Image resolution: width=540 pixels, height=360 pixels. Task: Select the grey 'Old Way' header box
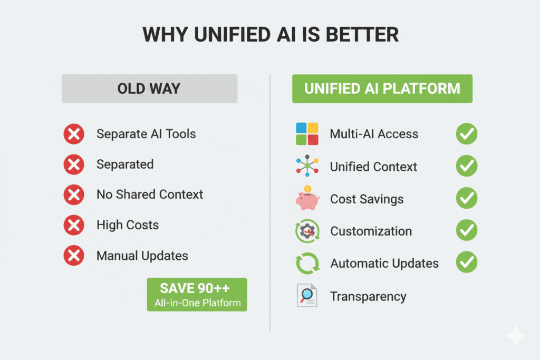pyautogui.click(x=149, y=88)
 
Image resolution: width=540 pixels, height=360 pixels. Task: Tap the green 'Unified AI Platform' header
pyautogui.click(x=382, y=88)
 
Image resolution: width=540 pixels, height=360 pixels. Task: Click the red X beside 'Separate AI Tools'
pyautogui.click(x=74, y=134)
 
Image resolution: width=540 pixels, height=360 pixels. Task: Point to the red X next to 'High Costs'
pyautogui.click(x=74, y=226)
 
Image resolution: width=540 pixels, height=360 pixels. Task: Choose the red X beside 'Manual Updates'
pyautogui.click(x=74, y=257)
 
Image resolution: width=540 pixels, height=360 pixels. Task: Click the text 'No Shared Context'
pyautogui.click(x=149, y=194)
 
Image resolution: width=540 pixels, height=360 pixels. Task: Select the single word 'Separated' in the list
pyautogui.click(x=125, y=164)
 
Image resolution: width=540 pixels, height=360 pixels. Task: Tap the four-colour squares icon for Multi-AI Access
pyautogui.click(x=307, y=134)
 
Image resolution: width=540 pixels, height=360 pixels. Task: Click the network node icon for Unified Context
pyautogui.click(x=307, y=166)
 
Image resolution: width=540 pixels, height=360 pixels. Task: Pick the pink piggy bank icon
pyautogui.click(x=307, y=199)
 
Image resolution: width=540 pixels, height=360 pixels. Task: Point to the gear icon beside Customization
pyautogui.click(x=307, y=231)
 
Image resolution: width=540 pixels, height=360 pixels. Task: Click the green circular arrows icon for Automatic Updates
pyautogui.click(x=307, y=263)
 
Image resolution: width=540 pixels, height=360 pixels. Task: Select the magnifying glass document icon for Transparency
pyautogui.click(x=307, y=296)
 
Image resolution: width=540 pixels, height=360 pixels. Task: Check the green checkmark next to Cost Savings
pyautogui.click(x=467, y=199)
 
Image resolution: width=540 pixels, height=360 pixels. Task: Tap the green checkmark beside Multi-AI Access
pyautogui.click(x=467, y=134)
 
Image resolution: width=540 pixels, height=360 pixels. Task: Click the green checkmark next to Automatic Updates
pyautogui.click(x=467, y=262)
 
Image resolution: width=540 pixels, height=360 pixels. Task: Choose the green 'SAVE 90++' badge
pyautogui.click(x=197, y=294)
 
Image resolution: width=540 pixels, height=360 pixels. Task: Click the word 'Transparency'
pyautogui.click(x=368, y=297)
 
